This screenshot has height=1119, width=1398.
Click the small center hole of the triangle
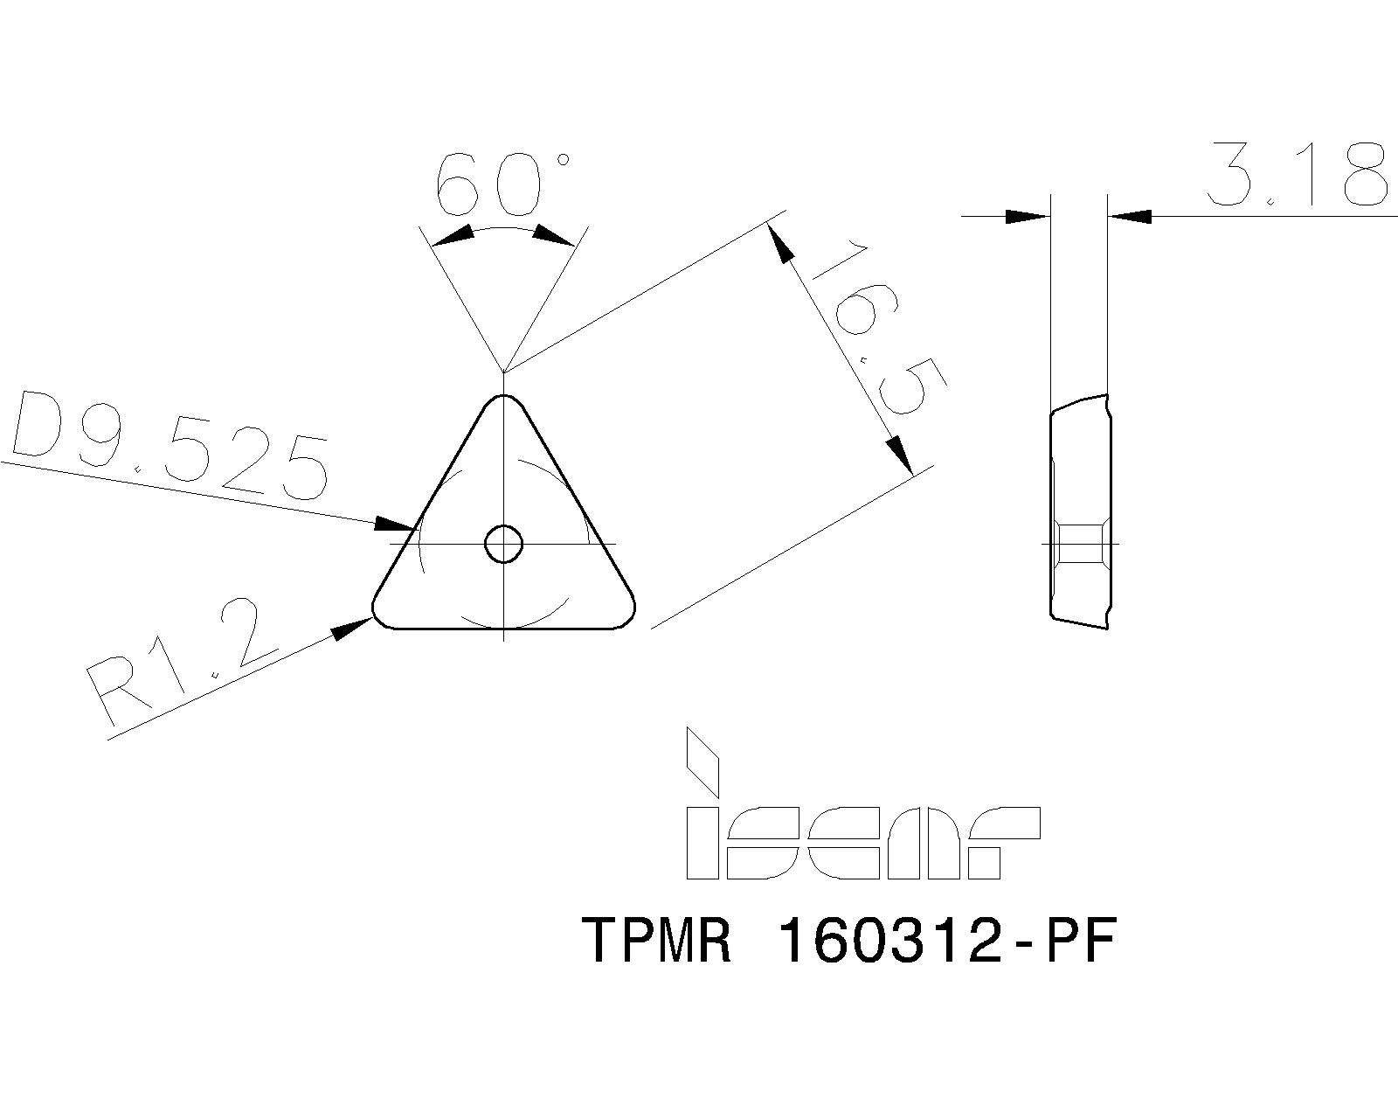pos(504,544)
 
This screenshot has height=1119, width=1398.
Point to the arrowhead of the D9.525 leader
pos(393,525)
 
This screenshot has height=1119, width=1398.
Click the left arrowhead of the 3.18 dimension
pos(1027,216)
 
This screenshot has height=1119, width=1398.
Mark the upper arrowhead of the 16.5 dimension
pos(781,242)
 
